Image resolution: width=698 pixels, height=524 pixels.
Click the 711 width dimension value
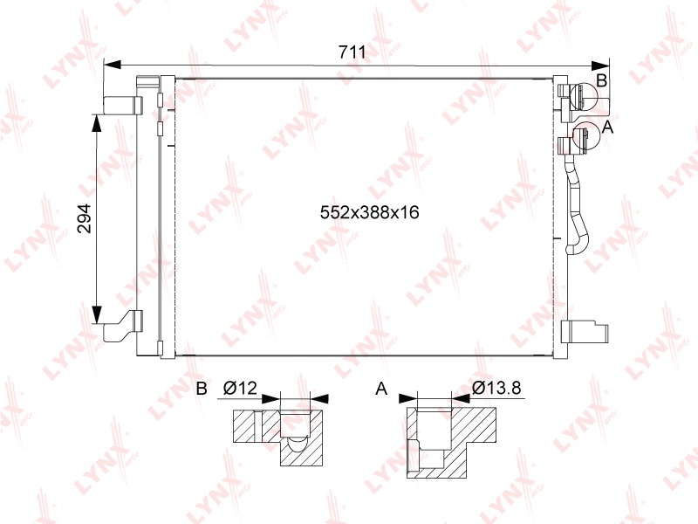tap(352, 52)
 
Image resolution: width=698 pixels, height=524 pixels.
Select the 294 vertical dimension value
tap(84, 218)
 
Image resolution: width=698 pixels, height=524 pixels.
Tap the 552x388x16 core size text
tap(369, 212)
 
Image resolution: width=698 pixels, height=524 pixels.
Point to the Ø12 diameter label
tap(241, 388)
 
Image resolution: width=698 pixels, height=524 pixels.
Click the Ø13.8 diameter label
tap(496, 388)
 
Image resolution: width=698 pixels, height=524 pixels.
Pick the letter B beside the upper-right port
tap(601, 80)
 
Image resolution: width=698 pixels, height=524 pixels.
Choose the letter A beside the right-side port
tap(607, 128)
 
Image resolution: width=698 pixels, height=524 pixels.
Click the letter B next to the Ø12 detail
tap(202, 389)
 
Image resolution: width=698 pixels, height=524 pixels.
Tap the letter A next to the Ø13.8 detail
tap(381, 389)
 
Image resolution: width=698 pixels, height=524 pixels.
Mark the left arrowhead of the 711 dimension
tap(113, 65)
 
